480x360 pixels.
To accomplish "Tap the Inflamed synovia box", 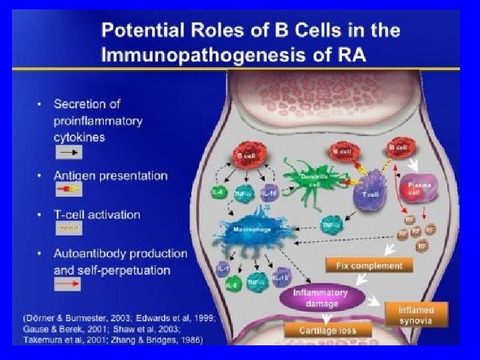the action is (416, 314).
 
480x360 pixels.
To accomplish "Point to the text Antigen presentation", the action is (110, 176).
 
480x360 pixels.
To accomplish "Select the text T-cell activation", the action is (97, 215).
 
